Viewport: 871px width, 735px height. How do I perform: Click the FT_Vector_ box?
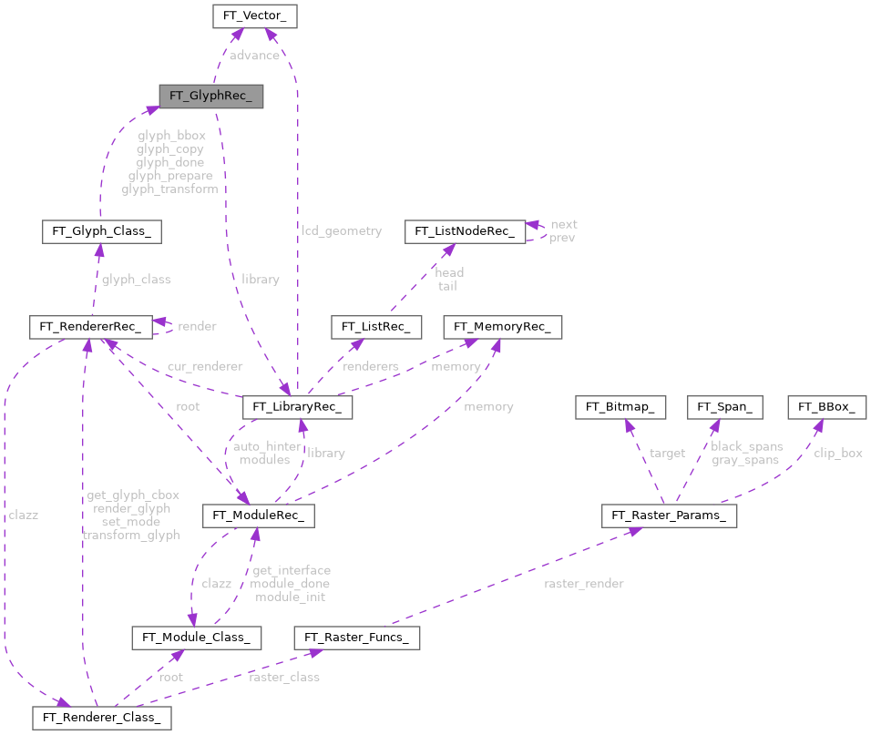pos(254,15)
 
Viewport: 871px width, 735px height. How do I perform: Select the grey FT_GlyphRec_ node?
pos(210,96)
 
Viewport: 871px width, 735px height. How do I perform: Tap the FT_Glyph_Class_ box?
pos(101,231)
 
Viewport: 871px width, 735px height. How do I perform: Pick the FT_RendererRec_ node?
pos(87,325)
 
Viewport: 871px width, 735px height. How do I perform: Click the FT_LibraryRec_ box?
pos(298,407)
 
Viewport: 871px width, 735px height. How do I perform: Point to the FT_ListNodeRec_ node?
pos(465,231)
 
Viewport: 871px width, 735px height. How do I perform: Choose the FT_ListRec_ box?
pos(375,326)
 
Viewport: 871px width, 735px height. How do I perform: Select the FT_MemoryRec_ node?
pos(502,326)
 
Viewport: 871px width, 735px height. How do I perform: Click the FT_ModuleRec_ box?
pos(259,516)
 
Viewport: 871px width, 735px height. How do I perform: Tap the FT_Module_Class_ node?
pos(197,637)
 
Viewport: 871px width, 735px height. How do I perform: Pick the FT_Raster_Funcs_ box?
pos(356,638)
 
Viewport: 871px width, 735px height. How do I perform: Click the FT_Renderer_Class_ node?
pos(101,718)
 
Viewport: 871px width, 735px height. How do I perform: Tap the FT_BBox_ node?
pos(827,407)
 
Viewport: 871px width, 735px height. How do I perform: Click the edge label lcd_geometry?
pos(342,231)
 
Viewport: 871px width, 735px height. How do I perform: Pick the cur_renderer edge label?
pos(204,366)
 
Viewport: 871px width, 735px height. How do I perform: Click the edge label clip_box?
pos(837,453)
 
